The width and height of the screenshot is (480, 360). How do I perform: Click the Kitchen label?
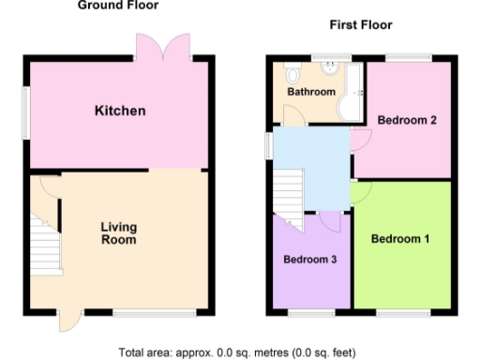[120, 112]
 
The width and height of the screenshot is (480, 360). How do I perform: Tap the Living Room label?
[119, 233]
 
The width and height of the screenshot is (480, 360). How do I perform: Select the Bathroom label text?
[310, 92]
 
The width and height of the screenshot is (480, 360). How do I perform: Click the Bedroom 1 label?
[400, 239]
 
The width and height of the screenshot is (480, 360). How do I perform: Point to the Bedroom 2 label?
[407, 120]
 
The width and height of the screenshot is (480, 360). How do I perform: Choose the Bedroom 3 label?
[309, 259]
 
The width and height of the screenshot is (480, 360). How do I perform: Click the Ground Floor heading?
[117, 6]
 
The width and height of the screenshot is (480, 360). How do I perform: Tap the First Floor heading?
[360, 25]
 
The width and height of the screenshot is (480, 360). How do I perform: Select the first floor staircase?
[290, 198]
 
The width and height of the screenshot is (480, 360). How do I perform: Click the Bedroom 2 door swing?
[361, 141]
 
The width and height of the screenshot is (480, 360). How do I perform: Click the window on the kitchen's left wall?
[27, 112]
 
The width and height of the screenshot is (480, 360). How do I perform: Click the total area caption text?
[237, 352]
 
